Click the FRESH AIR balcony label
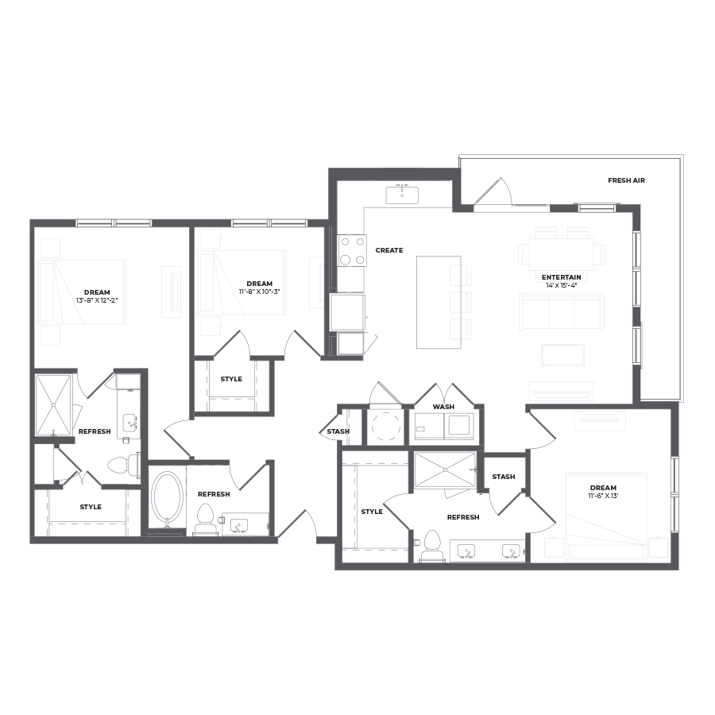click(x=626, y=180)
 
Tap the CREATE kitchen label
click(x=389, y=250)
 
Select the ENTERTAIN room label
click(x=562, y=277)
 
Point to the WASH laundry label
click(x=443, y=407)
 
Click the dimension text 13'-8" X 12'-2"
click(x=97, y=300)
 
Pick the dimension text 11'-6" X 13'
click(x=603, y=496)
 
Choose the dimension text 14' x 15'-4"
click(x=562, y=285)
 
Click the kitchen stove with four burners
click(x=352, y=251)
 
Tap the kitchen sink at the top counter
click(x=402, y=195)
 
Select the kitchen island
click(x=439, y=303)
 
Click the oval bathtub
click(x=167, y=497)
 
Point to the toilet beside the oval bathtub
click(x=205, y=519)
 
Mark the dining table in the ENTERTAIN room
click(x=562, y=254)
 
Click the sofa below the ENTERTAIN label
click(x=562, y=312)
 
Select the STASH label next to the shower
click(x=504, y=477)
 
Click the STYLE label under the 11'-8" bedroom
click(x=231, y=379)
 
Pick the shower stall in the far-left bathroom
click(x=53, y=405)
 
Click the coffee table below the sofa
click(x=562, y=355)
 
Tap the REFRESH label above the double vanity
click(x=463, y=517)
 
